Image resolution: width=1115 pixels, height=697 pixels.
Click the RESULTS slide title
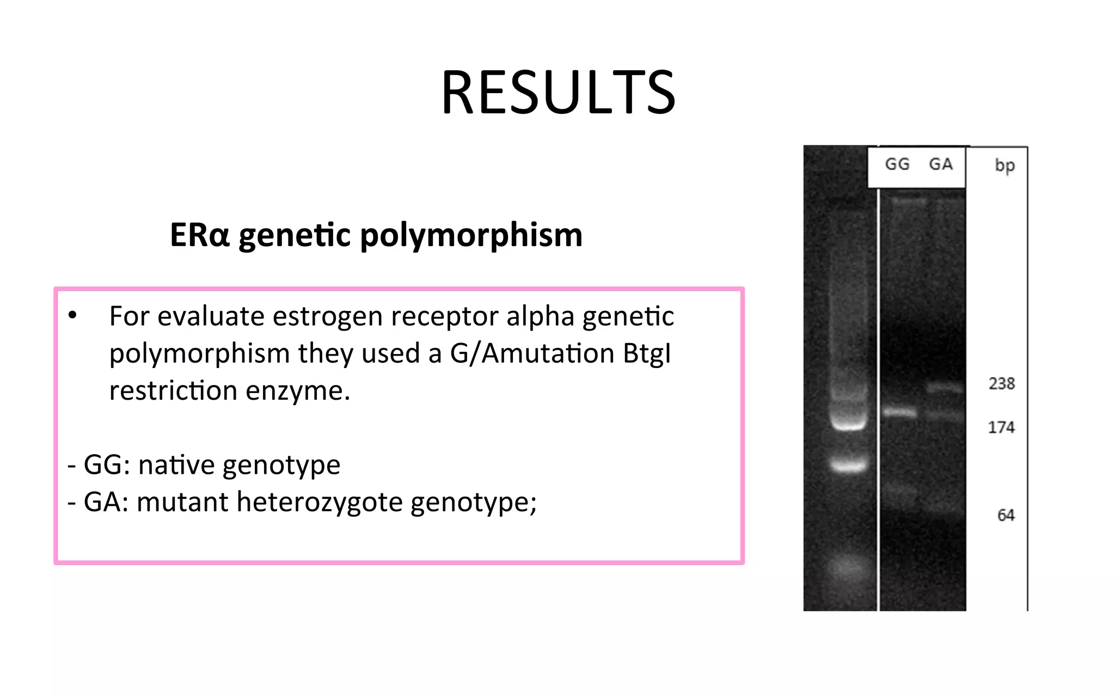(558, 93)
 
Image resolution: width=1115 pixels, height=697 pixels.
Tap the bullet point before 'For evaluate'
(72, 316)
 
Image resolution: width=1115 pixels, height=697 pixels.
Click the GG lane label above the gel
(897, 164)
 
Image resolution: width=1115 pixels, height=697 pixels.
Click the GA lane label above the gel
(941, 164)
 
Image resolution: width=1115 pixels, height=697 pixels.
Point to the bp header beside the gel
(1004, 166)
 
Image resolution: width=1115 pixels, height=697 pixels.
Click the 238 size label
(1002, 384)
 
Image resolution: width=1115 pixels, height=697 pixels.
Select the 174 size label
(1001, 427)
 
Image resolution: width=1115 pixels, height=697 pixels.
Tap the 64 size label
(1006, 515)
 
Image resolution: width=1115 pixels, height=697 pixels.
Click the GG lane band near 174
(899, 412)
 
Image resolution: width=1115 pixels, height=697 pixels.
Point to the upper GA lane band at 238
(945, 388)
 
